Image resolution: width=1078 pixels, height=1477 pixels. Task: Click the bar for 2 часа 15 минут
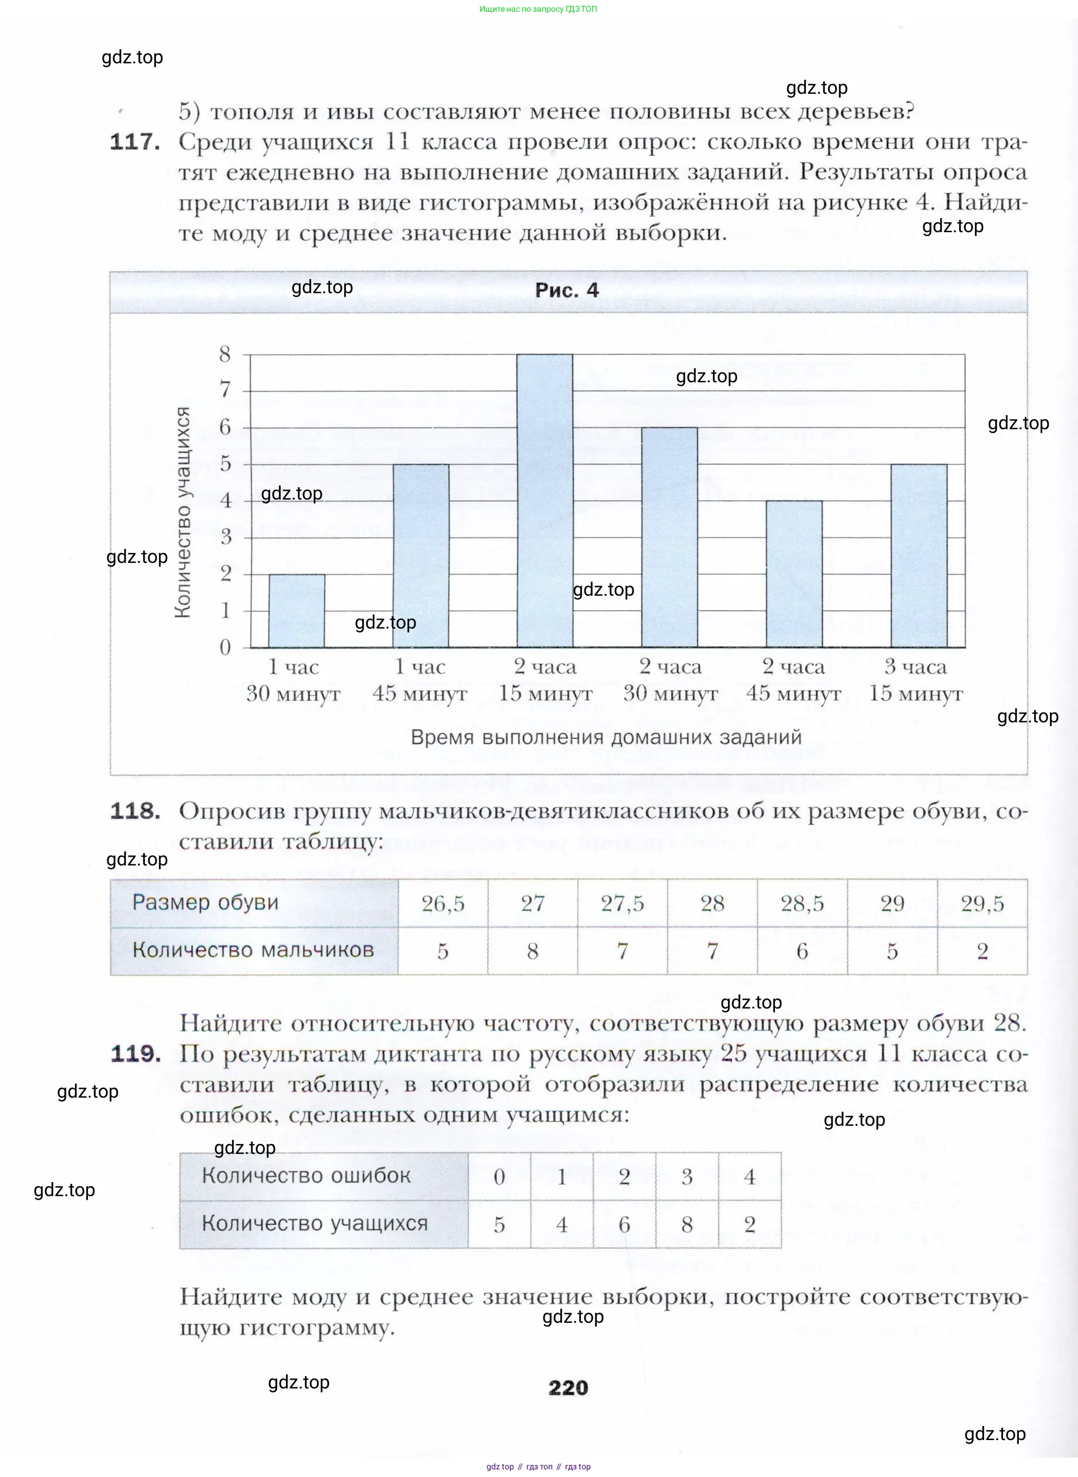tap(545, 501)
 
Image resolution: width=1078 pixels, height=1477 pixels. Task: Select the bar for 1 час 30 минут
tap(297, 611)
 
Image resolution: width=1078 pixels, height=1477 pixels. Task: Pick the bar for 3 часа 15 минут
tap(919, 555)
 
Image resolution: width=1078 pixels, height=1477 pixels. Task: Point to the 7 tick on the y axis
tap(225, 391)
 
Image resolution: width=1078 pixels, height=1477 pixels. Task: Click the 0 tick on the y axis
tap(225, 647)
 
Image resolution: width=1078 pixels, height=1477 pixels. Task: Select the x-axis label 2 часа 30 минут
tap(670, 680)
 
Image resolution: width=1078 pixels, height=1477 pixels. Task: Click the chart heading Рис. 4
tap(566, 290)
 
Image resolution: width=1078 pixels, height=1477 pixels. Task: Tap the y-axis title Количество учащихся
tap(183, 512)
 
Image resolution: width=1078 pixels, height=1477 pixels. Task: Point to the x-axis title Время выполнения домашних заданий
tap(606, 738)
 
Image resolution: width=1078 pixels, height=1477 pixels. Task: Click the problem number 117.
tap(135, 142)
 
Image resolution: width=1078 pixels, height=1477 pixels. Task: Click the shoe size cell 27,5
tap(623, 904)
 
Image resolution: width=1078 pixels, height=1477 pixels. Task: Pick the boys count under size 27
tap(532, 951)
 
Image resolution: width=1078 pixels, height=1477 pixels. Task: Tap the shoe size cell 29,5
tap(982, 904)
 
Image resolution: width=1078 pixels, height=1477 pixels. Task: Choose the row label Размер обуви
tap(206, 902)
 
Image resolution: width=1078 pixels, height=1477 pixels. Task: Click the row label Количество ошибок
tap(306, 1176)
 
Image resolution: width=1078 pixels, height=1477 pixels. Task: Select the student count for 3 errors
tap(686, 1224)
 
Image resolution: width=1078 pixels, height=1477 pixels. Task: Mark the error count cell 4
tap(749, 1176)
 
